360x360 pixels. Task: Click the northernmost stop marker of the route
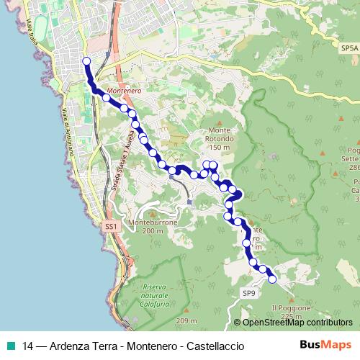coord(86,62)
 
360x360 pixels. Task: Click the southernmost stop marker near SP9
coord(272,280)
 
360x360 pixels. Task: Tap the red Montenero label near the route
coord(122,91)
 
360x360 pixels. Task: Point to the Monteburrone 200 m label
coord(152,227)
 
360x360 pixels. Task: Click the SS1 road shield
coord(110,227)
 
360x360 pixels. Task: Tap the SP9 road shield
coord(248,293)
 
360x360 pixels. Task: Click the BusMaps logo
coord(326,345)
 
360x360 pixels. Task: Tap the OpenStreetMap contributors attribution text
coord(297,323)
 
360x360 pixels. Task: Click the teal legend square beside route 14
coord(10,346)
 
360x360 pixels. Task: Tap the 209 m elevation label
coord(186,320)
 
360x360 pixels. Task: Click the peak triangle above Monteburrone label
coord(151,212)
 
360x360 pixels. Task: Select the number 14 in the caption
coord(28,346)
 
